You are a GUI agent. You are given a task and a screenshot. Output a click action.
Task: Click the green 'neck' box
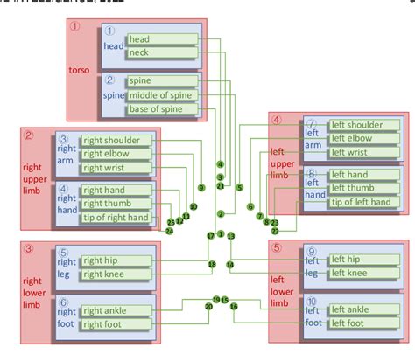(x=161, y=52)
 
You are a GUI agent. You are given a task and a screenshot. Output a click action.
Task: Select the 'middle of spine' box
(x=161, y=94)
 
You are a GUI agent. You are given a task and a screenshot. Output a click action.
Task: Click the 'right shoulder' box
(x=116, y=140)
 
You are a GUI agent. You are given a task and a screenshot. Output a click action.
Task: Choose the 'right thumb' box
(x=116, y=204)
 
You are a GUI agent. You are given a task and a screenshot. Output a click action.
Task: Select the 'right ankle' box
(x=116, y=310)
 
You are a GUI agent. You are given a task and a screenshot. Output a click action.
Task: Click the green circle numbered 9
(x=201, y=187)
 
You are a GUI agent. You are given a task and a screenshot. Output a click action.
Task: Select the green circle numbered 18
(x=211, y=264)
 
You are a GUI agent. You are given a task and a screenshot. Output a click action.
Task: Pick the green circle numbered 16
(x=233, y=306)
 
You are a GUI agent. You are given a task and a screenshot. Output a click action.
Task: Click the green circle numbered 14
(x=230, y=263)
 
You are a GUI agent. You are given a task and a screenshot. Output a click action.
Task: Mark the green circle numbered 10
(x=193, y=206)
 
